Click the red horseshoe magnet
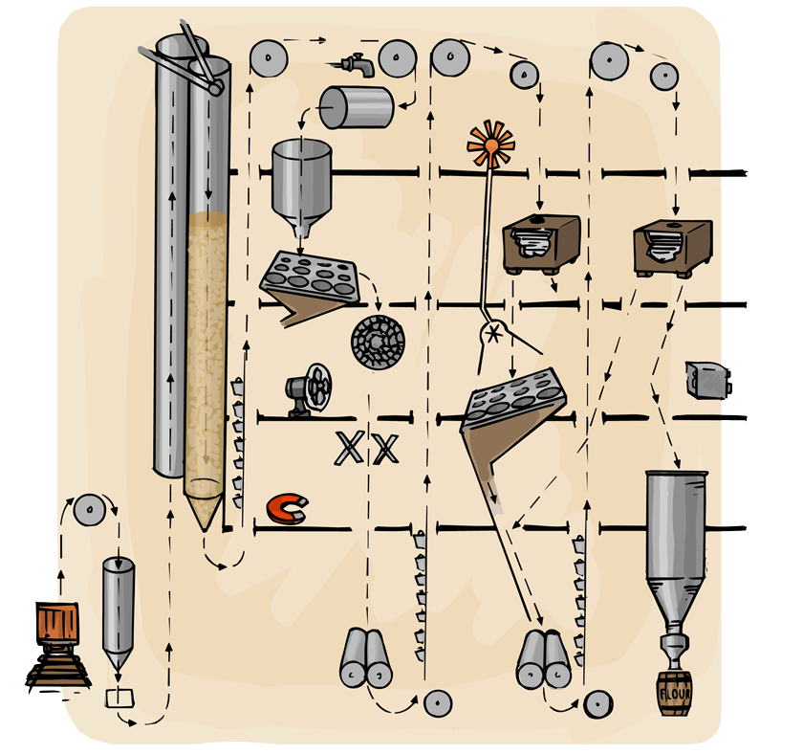[285, 508]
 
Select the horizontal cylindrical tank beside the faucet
[356, 107]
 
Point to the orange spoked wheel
[490, 145]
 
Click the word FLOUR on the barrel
[676, 689]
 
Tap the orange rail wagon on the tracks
[56, 625]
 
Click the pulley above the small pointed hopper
[89, 511]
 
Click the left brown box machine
[542, 243]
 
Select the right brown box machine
[674, 246]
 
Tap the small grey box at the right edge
[708, 380]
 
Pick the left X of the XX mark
[349, 448]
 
